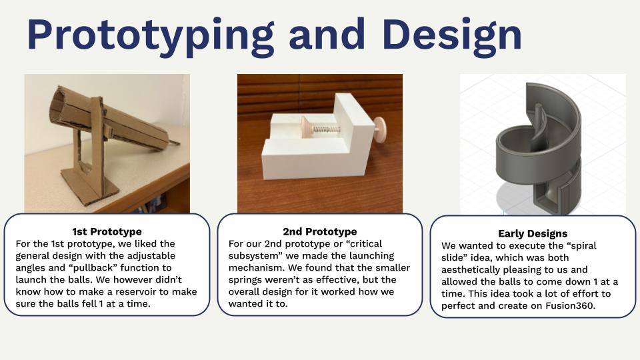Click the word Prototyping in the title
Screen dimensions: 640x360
tap(150, 36)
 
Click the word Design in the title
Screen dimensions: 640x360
tap(452, 36)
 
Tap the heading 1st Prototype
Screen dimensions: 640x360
tap(107, 231)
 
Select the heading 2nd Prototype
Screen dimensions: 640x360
tap(320, 231)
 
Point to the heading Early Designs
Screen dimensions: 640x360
tap(533, 233)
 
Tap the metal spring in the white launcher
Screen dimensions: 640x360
tap(326, 129)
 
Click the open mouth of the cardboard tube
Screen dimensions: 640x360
tap(57, 107)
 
